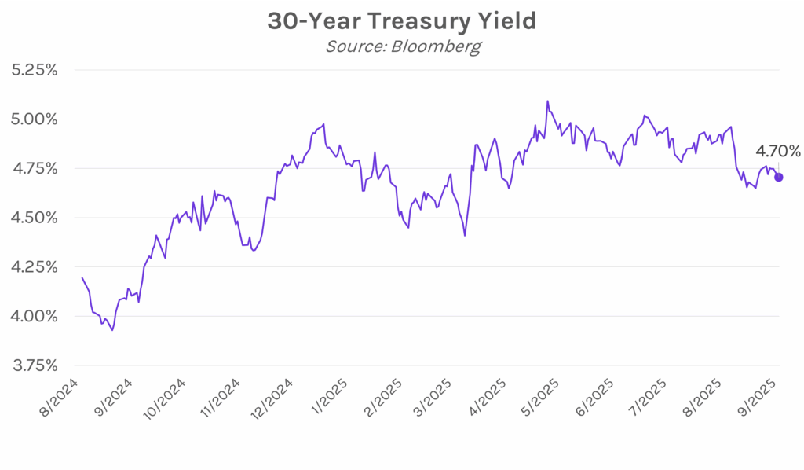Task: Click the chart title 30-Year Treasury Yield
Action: pos(401,21)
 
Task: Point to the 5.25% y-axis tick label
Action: pos(36,70)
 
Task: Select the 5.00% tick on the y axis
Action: pos(36,119)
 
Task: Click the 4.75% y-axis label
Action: pos(36,168)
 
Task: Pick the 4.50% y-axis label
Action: pos(36,218)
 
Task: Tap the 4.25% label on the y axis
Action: pos(36,267)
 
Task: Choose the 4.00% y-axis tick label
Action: pos(36,316)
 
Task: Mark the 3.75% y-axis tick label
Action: pos(36,365)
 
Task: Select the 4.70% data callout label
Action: pos(777,151)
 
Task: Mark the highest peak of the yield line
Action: pos(547,101)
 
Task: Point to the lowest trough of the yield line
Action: pos(112,330)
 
